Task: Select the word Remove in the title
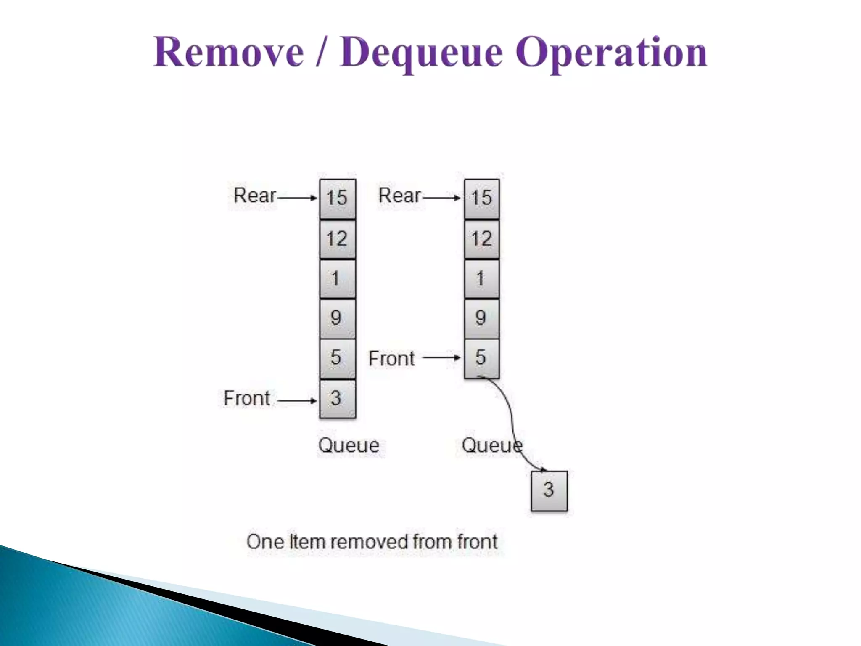(x=228, y=53)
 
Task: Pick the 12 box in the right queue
(x=482, y=239)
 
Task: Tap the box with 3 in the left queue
(x=337, y=399)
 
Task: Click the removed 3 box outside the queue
(x=549, y=490)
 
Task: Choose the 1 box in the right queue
(x=482, y=279)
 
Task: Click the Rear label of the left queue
(x=255, y=196)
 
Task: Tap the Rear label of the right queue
(x=399, y=196)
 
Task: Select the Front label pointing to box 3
(x=247, y=398)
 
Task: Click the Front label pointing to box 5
(x=391, y=359)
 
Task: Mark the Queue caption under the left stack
(x=349, y=445)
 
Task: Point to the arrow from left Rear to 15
(x=297, y=198)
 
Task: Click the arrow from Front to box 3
(x=297, y=401)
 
